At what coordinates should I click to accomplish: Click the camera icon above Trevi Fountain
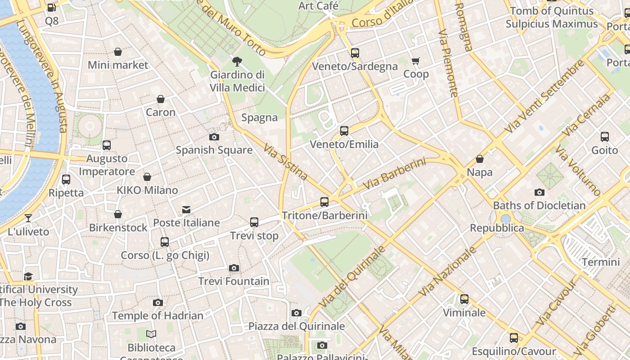[x=234, y=268]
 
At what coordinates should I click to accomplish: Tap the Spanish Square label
[x=214, y=150]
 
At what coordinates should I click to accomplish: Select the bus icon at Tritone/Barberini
[x=324, y=202]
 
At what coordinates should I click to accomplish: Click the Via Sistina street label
[x=286, y=162]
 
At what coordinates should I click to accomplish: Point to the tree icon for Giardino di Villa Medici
[x=237, y=62]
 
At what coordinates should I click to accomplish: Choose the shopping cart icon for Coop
[x=416, y=61]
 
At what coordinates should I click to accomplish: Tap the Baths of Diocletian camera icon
[x=540, y=193]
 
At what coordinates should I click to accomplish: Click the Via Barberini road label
[x=394, y=173]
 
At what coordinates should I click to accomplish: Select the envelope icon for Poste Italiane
[x=186, y=210]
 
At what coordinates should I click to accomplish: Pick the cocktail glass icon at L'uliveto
[x=28, y=218]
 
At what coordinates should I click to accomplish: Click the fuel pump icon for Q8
[x=52, y=8]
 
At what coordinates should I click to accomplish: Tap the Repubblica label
[x=497, y=228]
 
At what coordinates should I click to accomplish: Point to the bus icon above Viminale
[x=464, y=299]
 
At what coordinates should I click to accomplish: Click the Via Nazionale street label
[x=447, y=271]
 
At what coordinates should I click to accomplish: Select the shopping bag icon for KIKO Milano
[x=147, y=177]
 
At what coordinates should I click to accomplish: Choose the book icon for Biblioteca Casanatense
[x=151, y=334]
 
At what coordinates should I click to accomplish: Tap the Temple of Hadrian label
[x=157, y=316]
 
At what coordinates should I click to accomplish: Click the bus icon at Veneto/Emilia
[x=344, y=131]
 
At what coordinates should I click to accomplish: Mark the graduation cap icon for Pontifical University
[x=28, y=276]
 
